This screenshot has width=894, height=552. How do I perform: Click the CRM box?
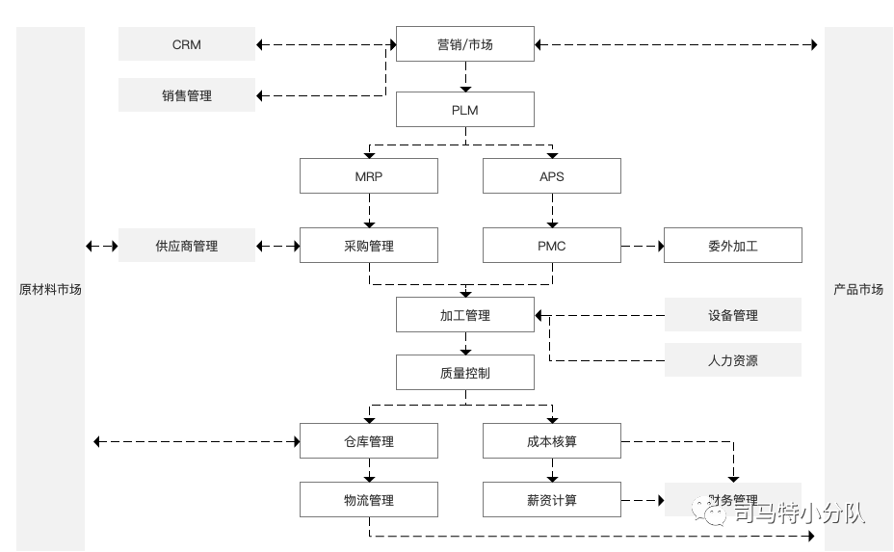pyautogui.click(x=187, y=44)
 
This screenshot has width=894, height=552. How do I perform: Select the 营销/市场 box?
pyautogui.click(x=465, y=44)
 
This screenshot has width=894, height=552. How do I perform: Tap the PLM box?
pyautogui.click(x=465, y=110)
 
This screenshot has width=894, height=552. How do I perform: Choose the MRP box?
pyautogui.click(x=369, y=176)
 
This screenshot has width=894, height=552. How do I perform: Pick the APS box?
pyautogui.click(x=552, y=176)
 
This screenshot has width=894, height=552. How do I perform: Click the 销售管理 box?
pyautogui.click(x=187, y=95)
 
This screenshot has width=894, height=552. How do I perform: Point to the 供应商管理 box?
pyautogui.click(x=187, y=246)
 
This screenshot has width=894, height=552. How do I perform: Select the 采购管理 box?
pyautogui.click(x=369, y=246)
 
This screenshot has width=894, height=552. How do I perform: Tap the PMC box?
pyautogui.click(x=552, y=246)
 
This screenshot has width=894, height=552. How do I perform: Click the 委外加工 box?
pyautogui.click(x=733, y=246)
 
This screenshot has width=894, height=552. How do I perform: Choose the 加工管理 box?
pyautogui.click(x=465, y=315)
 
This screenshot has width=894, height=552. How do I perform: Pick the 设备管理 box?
pyautogui.click(x=733, y=315)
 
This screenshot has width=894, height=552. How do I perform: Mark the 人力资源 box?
pyautogui.click(x=733, y=360)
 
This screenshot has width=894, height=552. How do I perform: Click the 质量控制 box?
pyautogui.click(x=465, y=373)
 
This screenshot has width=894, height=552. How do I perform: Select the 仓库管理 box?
pyautogui.click(x=369, y=441)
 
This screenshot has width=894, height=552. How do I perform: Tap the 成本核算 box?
pyautogui.click(x=552, y=441)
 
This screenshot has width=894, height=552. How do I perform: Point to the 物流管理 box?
pyautogui.click(x=369, y=500)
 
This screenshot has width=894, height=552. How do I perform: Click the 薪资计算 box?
pyautogui.click(x=552, y=500)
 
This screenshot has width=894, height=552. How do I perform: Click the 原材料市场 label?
pyautogui.click(x=50, y=289)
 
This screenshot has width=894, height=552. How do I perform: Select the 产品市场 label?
pyautogui.click(x=858, y=289)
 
